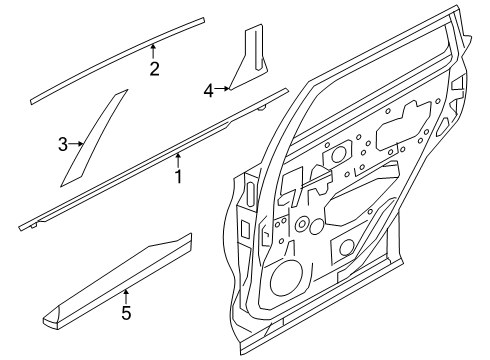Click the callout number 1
(x=179, y=177)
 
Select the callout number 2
(x=154, y=69)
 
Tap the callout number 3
(x=63, y=145)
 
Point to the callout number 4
(x=209, y=91)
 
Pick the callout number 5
(x=126, y=313)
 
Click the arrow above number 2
(x=153, y=52)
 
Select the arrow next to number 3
(x=76, y=144)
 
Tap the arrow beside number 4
(x=222, y=88)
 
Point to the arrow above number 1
(x=178, y=160)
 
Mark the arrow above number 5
(x=126, y=297)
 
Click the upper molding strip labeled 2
(x=117, y=61)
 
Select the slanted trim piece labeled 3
(x=94, y=138)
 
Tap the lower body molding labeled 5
(x=117, y=279)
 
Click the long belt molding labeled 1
(x=153, y=159)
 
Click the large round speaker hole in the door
(x=287, y=278)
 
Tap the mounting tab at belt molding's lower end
(x=33, y=226)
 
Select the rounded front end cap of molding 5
(x=52, y=317)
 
